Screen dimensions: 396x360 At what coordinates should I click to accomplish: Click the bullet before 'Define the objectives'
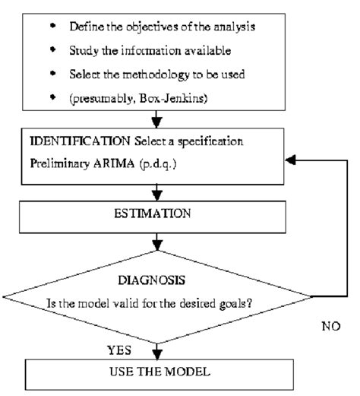click(52, 26)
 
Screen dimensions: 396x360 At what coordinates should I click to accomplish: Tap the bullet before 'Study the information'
click(52, 49)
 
